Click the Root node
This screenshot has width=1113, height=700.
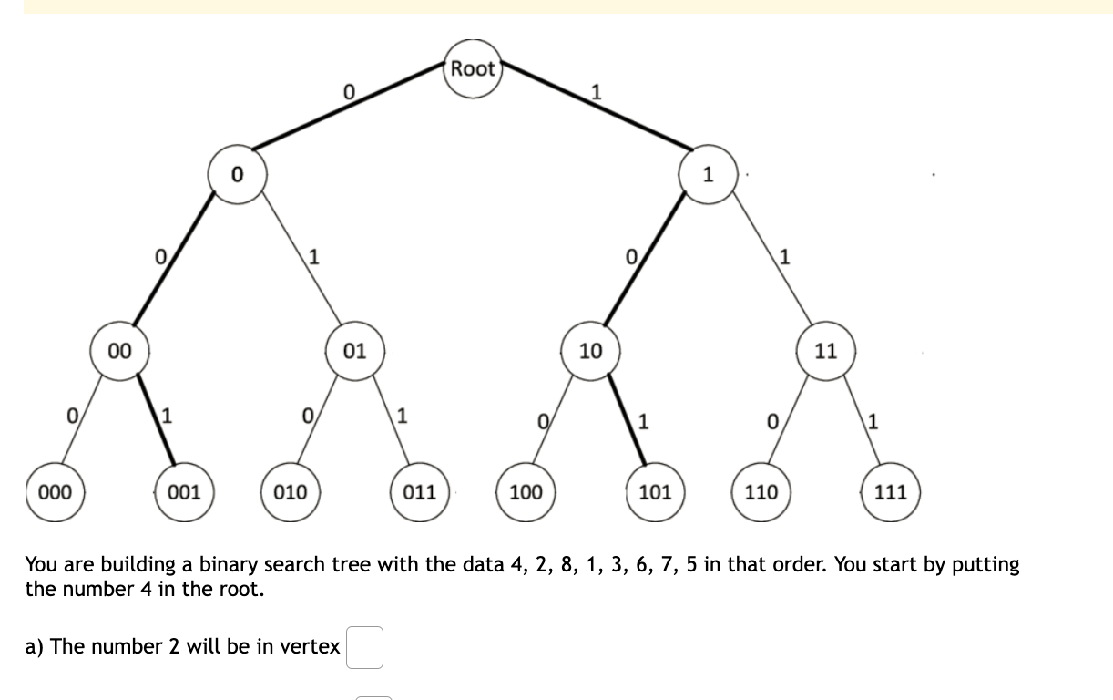473,68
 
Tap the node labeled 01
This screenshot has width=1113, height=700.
355,350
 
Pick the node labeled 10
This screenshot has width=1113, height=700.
590,350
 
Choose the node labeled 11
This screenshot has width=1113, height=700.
825,350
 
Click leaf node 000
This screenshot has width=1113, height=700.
55,492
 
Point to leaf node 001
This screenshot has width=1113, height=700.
184,492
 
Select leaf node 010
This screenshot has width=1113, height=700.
291,492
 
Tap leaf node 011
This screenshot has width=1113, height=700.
420,492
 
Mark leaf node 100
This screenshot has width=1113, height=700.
526,492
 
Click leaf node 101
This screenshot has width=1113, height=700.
655,492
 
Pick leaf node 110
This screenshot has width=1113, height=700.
761,492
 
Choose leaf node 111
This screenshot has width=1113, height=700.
890,492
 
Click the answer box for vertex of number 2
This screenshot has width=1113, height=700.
364,647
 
